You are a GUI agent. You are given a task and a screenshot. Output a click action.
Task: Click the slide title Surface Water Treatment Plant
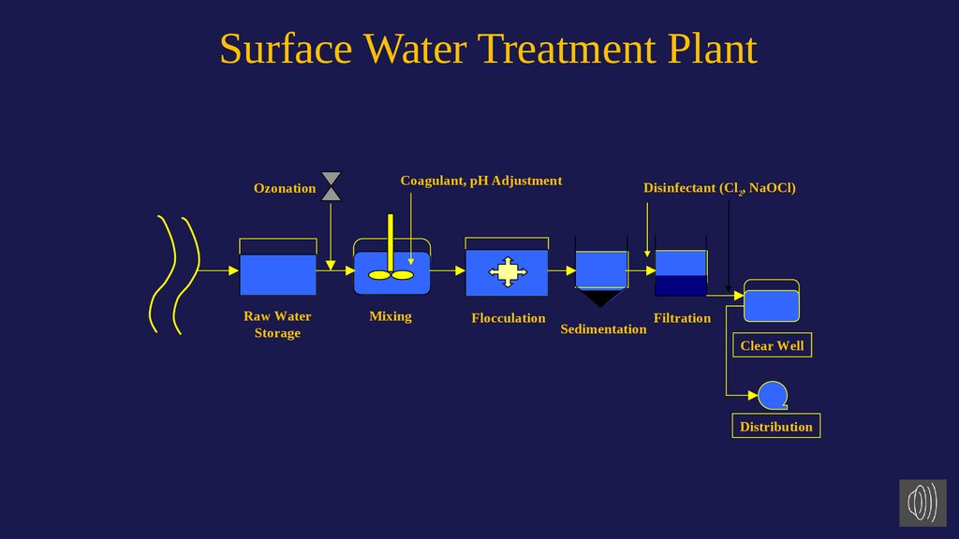click(488, 49)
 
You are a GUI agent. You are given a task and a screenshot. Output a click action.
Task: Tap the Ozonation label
click(285, 188)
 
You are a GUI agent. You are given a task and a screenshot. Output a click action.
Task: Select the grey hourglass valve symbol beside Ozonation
click(331, 186)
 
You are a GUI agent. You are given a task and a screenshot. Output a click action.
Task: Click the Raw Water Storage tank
click(277, 274)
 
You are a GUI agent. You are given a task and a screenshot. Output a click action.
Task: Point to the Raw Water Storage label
click(277, 325)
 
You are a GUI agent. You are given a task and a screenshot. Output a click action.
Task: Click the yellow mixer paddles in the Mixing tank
click(391, 275)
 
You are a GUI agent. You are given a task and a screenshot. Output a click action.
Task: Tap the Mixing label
click(391, 316)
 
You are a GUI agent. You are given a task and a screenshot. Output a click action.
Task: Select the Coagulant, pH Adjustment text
click(481, 181)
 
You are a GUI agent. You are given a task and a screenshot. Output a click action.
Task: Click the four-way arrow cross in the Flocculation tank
click(507, 271)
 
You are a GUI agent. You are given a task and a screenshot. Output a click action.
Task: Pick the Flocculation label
click(508, 318)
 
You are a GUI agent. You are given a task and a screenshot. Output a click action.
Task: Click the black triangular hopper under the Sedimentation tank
click(600, 298)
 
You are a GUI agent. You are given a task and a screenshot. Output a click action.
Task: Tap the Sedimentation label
click(603, 329)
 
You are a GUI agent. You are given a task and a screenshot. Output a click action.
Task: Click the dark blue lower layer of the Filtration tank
click(681, 285)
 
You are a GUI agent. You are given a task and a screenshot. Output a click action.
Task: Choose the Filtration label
click(682, 318)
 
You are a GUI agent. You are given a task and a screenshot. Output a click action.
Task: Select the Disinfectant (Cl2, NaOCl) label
click(718, 188)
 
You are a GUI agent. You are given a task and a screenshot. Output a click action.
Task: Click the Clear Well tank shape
click(772, 305)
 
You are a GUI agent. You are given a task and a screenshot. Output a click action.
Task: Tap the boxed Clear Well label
click(772, 346)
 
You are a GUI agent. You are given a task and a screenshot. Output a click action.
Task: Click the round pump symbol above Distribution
click(773, 395)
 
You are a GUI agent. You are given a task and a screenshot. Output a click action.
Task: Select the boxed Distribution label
click(775, 427)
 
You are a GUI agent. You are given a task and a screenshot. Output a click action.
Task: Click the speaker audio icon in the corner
click(922, 503)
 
